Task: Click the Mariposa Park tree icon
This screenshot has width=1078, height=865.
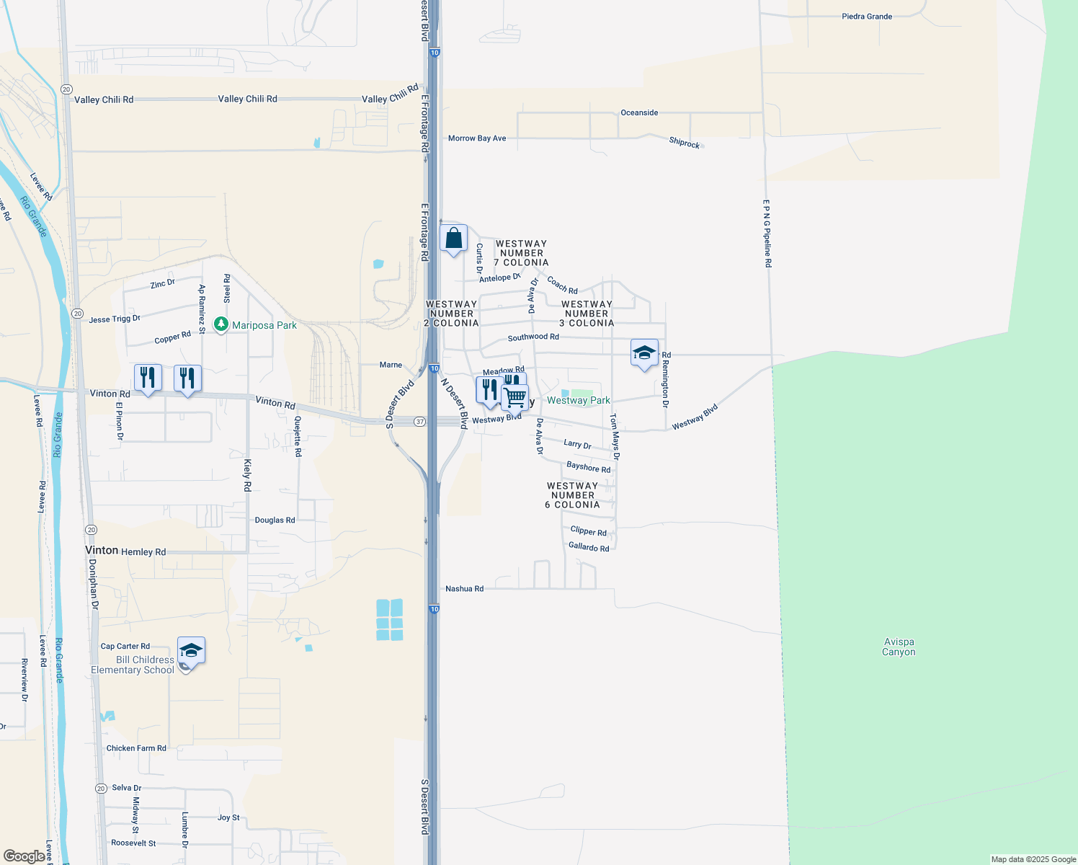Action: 221,324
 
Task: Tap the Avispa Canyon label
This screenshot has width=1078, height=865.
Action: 899,647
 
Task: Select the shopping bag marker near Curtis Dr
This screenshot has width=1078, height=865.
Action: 453,239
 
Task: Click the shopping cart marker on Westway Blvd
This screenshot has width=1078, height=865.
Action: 515,397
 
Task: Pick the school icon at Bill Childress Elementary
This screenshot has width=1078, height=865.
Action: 191,652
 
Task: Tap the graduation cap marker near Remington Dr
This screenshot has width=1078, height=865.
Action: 644,353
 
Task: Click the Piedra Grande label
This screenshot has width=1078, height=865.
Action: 867,17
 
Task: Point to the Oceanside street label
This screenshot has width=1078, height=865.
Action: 639,113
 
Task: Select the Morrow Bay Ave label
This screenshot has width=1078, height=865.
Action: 477,138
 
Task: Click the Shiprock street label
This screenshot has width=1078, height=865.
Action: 685,143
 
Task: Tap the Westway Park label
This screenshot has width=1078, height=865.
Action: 578,401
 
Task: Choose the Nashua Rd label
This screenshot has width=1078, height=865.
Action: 464,589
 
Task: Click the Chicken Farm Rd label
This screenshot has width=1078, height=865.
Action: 136,748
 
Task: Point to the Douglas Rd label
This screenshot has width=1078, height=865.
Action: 275,520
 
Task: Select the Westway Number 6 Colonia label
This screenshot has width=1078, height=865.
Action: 572,495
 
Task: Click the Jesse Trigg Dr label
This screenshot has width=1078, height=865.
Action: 115,319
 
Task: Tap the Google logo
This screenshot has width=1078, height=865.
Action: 24,856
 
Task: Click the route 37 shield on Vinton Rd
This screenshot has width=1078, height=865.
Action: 419,422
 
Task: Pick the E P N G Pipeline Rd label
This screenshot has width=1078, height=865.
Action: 767,234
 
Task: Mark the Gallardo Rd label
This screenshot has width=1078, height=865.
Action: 589,548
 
